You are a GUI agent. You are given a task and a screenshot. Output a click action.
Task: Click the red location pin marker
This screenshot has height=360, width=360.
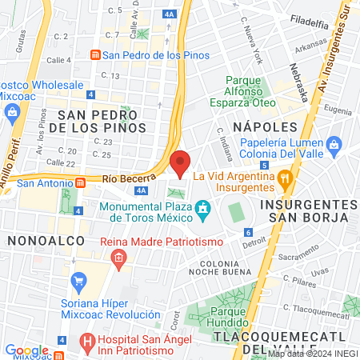click(x=181, y=163)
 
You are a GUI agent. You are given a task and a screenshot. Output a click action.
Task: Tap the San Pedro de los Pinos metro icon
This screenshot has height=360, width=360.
click(x=95, y=54)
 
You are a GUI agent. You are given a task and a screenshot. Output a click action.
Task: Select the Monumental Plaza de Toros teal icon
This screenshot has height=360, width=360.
click(x=204, y=210)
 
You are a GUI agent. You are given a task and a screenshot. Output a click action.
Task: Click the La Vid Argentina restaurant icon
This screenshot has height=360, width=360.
click(x=284, y=176)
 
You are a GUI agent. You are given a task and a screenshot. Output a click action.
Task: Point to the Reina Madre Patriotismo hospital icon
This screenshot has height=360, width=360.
click(x=118, y=258)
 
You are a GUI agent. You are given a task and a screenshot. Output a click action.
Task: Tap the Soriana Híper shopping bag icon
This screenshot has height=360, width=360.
click(x=78, y=281)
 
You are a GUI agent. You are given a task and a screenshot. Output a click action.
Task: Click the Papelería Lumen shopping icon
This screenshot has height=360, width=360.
click(x=334, y=146)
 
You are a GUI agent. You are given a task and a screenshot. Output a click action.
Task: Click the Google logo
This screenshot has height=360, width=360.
click(x=26, y=350)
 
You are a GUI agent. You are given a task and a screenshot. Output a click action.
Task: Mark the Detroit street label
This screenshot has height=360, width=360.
click(x=254, y=241)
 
